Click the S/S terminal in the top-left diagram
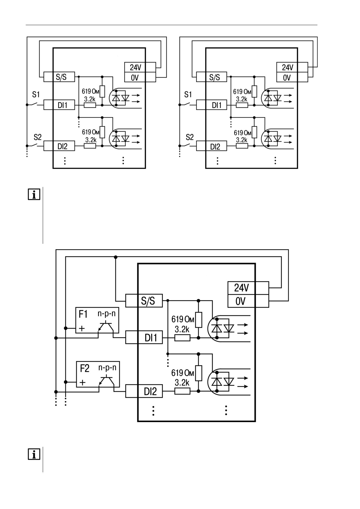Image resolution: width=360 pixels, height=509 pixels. pos(59,77)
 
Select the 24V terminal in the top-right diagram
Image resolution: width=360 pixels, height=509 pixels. pos(292,67)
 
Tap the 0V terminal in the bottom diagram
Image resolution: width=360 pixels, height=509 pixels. pos(248,301)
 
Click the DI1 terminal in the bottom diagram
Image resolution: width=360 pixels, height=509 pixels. pos(144,337)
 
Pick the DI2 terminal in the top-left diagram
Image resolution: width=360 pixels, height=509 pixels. pos(59,146)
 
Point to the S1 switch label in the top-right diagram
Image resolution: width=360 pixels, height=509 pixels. pos(188,95)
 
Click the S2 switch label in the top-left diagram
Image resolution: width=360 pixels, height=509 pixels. pos(37,137)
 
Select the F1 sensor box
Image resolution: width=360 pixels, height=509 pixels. pos(97,320)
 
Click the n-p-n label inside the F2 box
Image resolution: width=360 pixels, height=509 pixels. pos(107,368)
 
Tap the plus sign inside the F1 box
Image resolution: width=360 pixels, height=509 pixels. pos(82,328)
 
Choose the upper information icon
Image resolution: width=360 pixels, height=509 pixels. pos(34,194)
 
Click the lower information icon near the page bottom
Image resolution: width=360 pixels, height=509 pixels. pos(34,454)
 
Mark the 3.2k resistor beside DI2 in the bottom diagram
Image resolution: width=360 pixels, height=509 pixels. pos(182,391)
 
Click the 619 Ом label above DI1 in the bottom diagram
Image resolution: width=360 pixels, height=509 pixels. pos(183,319)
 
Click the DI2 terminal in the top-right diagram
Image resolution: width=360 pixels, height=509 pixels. pos(212,146)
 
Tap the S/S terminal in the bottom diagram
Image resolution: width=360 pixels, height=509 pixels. pos(144,301)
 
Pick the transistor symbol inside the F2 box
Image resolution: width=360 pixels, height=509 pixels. pos(107,381)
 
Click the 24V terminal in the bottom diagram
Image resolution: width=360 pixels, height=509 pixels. pos(248,288)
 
